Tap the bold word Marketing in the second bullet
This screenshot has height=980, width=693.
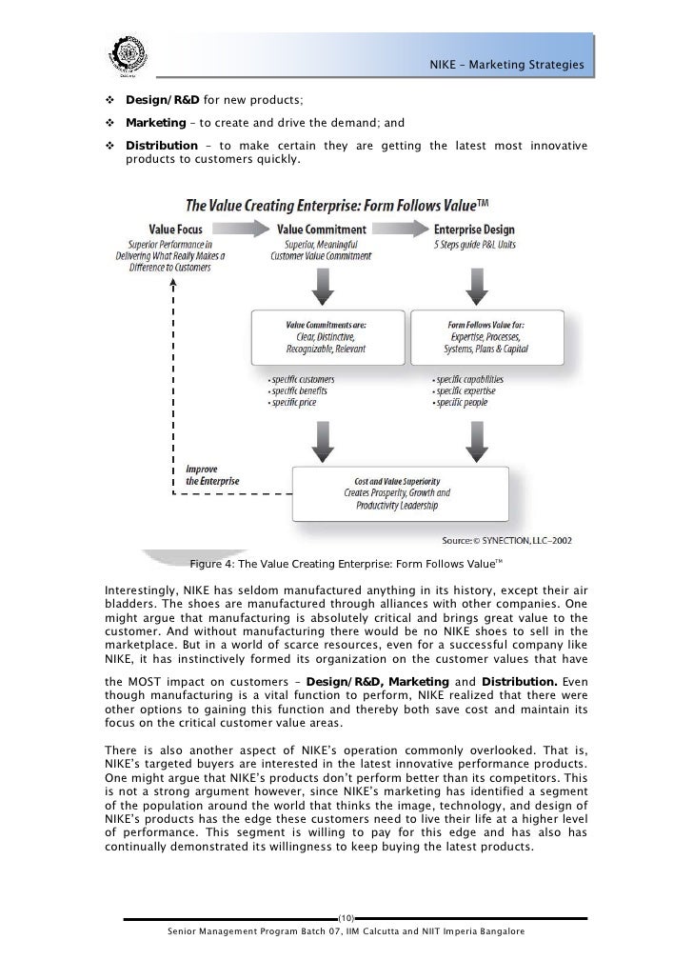[157, 124]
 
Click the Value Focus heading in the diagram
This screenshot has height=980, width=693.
[176, 230]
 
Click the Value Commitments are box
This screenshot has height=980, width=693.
[326, 336]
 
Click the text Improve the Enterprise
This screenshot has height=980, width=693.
[212, 474]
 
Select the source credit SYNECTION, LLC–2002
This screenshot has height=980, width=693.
[518, 536]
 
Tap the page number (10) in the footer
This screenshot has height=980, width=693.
[346, 918]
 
